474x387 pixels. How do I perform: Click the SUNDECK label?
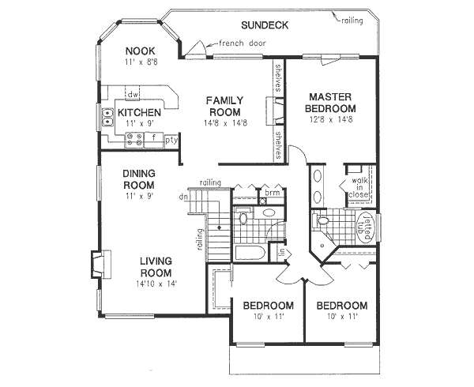265,25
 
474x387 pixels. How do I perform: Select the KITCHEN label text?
139,113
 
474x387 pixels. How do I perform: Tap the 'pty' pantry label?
169,140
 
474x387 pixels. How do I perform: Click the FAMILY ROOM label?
224,106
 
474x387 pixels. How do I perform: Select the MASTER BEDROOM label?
332,102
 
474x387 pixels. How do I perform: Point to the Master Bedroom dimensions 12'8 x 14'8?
332,119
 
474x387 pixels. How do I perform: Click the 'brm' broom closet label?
273,193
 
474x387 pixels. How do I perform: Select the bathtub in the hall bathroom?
250,252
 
